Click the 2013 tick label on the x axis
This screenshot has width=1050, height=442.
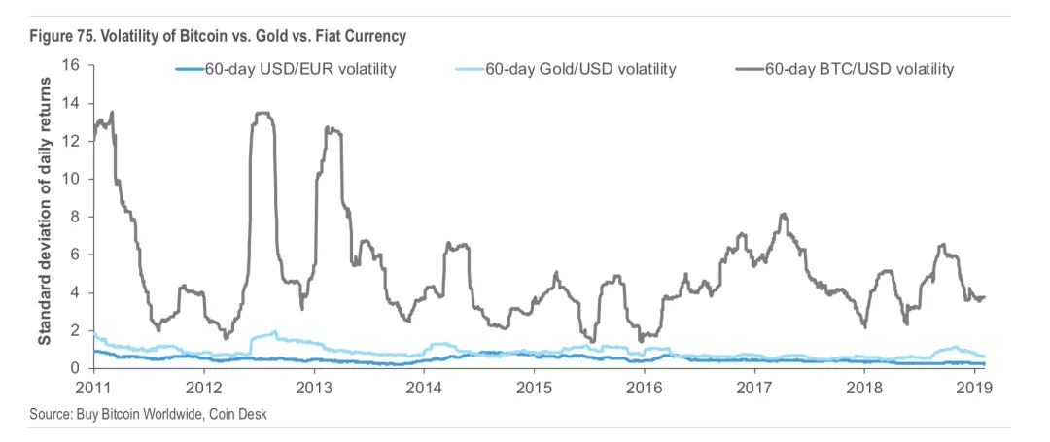[313, 387]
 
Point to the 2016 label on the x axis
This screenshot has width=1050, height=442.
[645, 387]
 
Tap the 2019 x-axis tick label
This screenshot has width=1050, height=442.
[975, 387]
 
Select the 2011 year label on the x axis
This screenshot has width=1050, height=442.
[93, 387]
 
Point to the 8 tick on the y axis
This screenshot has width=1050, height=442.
[74, 217]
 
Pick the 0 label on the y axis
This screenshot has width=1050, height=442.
[74, 368]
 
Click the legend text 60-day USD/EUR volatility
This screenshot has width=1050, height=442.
[299, 69]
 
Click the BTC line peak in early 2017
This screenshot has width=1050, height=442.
[784, 215]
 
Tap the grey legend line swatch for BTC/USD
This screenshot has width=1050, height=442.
[749, 69]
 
